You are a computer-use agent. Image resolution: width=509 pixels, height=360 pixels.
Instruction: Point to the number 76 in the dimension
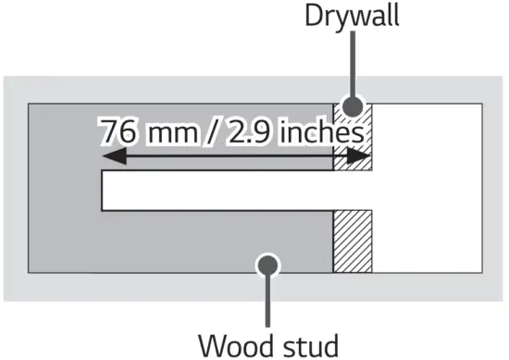tap(119, 131)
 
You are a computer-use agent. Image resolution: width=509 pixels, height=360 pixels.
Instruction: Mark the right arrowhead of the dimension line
tap(364, 159)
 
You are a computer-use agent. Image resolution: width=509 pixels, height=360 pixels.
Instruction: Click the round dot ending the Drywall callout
tap(353, 108)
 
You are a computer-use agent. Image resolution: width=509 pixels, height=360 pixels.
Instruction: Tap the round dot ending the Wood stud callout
tap(269, 266)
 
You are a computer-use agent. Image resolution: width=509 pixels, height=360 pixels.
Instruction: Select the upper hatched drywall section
tap(353, 139)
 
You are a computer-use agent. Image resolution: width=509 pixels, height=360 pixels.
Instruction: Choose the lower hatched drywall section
tap(353, 242)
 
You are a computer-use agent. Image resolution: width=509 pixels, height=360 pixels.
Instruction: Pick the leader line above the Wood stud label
tap(269, 301)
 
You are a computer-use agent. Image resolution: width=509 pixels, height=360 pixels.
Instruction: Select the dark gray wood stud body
tap(185, 245)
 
